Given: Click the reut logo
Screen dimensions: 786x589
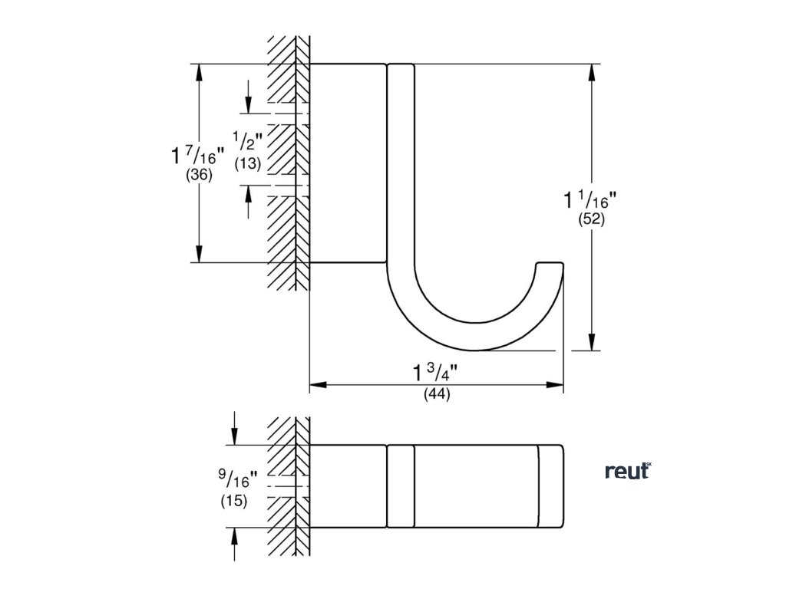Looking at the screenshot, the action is point(627,471).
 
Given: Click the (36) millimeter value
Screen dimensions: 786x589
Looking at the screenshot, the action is point(199,176).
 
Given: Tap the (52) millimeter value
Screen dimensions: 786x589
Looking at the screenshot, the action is point(592,219).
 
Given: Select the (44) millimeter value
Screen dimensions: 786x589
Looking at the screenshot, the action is point(436,395).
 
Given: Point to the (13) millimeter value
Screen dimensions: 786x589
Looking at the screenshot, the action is point(249,163).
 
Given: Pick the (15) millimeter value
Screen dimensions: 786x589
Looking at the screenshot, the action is point(233,501).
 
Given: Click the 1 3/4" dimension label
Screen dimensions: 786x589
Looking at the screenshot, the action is point(434,373).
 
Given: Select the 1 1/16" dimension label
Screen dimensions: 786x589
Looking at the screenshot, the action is point(590,200).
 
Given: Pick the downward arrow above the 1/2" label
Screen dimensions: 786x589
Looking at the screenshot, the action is point(249,104).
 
